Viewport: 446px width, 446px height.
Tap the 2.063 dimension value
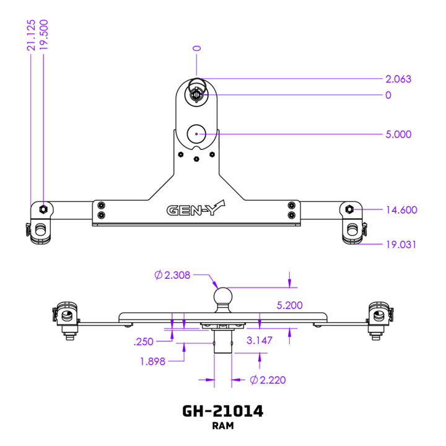coord(398,79)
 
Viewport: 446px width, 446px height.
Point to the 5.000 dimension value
coord(398,134)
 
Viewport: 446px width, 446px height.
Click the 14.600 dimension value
coord(400,210)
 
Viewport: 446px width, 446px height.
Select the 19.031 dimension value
coord(400,245)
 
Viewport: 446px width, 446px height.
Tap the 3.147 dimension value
coord(259,340)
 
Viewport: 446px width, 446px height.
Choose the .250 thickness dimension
coord(144,341)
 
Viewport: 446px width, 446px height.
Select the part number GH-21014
coord(222,411)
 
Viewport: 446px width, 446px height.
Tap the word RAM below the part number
coord(222,426)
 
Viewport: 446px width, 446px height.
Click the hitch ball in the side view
coord(222,297)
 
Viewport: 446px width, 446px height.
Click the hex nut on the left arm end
coord(43,208)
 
